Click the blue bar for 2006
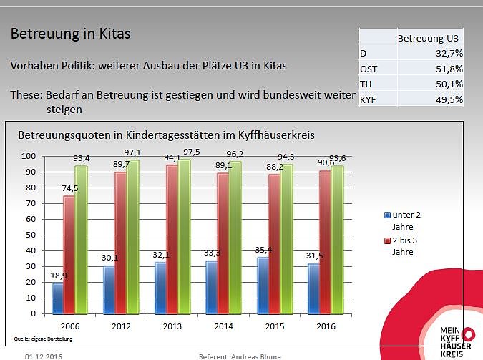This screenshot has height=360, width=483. tap(58, 298)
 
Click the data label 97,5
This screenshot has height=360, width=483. tap(191, 153)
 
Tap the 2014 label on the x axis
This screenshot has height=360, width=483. tap(225, 326)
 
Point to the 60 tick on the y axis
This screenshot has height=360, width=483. tap(29, 219)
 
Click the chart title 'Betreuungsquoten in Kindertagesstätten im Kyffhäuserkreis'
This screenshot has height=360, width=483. tap(166, 135)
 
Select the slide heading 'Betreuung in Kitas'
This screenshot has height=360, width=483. tap(70, 34)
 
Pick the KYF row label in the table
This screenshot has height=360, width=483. tap(368, 99)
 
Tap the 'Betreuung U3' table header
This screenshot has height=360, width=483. tap(427, 38)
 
